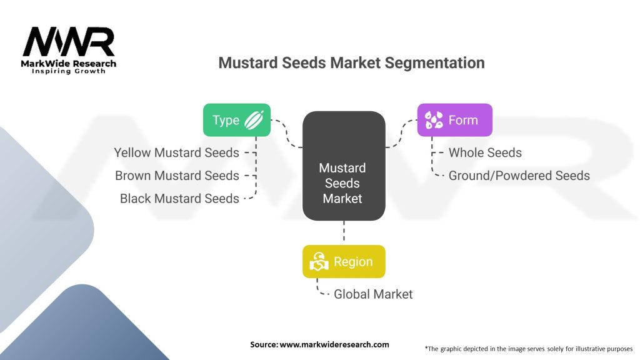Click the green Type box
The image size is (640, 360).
click(237, 120)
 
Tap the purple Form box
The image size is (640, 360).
click(455, 120)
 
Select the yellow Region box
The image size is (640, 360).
click(344, 262)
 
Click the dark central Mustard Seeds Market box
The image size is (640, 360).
click(344, 166)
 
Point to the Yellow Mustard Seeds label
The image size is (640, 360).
click(177, 152)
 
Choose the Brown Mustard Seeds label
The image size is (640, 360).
click(177, 176)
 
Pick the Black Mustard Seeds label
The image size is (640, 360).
click(179, 198)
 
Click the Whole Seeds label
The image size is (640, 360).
click(485, 152)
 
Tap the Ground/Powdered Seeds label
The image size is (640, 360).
click(519, 176)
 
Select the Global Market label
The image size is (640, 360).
click(373, 294)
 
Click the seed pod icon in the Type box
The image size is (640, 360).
click(254, 120)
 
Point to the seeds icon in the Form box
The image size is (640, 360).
click(434, 120)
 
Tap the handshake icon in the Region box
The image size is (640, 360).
click(319, 262)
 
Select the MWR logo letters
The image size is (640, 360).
click(69, 42)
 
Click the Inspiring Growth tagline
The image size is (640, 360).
click(69, 71)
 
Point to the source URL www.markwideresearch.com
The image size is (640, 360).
click(334, 344)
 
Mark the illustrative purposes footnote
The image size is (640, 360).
click(529, 349)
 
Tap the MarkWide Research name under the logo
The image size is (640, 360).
click(69, 64)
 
